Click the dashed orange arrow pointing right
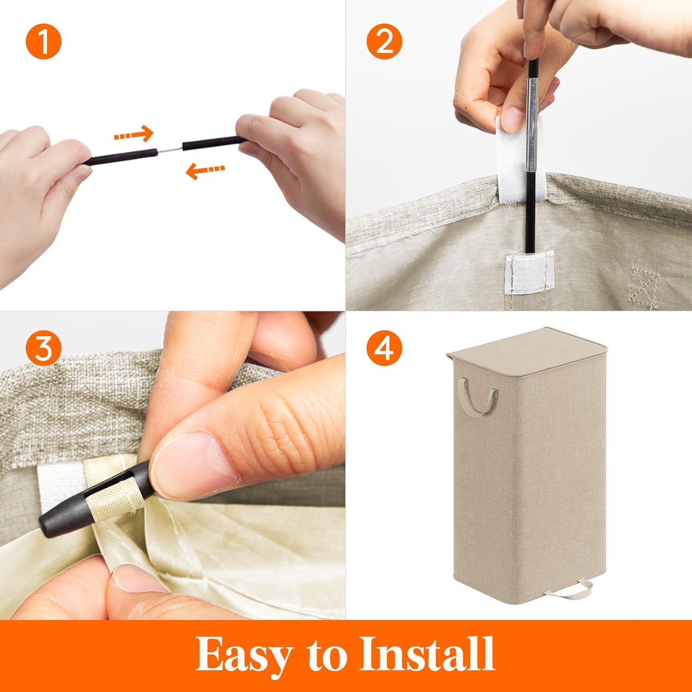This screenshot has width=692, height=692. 133,135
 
